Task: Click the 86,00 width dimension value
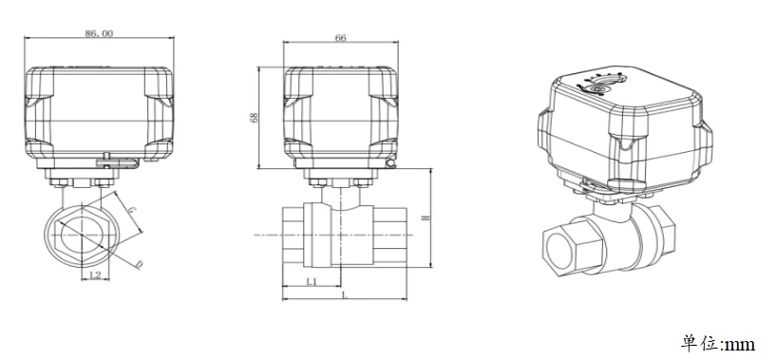point(99,33)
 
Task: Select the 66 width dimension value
point(340,38)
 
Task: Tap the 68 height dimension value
point(255,118)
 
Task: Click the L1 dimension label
point(312,281)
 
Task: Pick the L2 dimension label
point(96,275)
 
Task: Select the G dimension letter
point(132,210)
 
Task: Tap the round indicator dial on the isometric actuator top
point(597,89)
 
